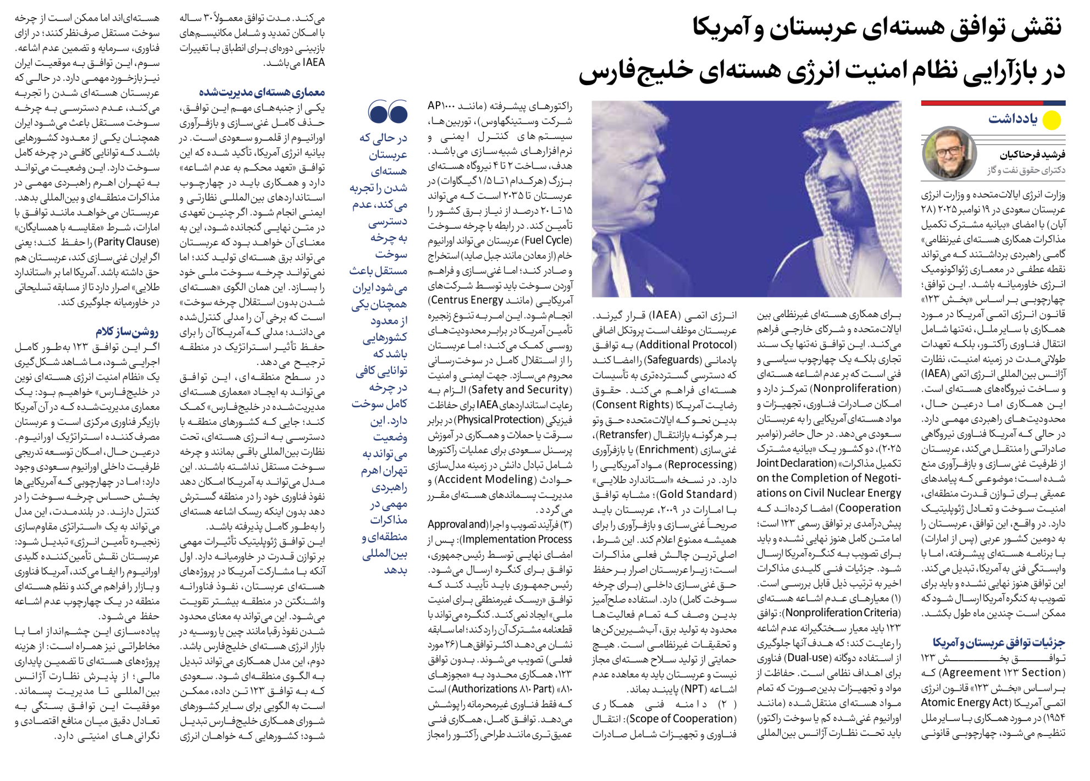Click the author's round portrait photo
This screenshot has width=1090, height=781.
[949, 153]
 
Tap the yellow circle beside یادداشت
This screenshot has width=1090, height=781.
[1052, 120]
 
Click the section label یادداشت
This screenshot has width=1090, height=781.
[1013, 119]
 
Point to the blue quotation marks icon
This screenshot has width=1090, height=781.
[388, 112]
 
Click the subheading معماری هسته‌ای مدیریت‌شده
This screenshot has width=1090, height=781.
[262, 92]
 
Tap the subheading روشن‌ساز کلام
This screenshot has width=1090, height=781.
[127, 331]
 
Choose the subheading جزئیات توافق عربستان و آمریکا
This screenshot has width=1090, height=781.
[999, 642]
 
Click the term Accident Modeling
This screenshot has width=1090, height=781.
[485, 479]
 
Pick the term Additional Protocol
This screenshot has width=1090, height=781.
[687, 345]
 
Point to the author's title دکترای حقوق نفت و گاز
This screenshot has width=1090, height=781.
[1026, 170]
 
